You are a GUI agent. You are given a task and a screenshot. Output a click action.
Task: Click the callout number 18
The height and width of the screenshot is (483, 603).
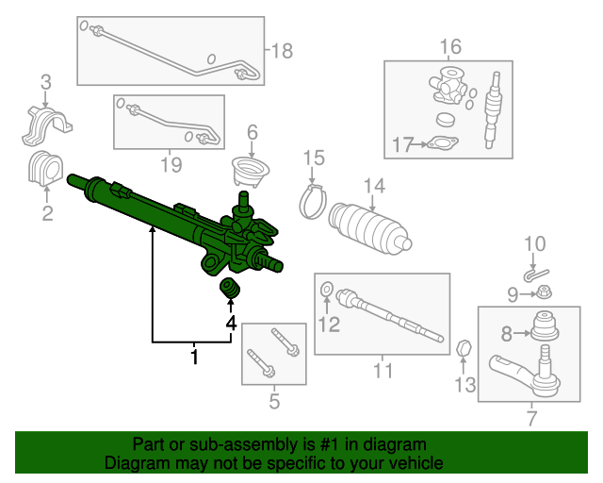point(282,50)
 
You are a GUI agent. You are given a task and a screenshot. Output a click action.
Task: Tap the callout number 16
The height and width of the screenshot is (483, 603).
point(450,46)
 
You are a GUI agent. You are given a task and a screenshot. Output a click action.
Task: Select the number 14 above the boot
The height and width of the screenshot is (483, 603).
point(374,186)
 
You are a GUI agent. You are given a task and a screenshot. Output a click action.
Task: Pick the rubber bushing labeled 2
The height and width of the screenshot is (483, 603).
point(45,168)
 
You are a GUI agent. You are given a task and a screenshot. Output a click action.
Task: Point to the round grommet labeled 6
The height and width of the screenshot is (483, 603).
point(251,172)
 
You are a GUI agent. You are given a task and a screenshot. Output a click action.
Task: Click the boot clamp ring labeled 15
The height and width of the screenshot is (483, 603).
point(313,202)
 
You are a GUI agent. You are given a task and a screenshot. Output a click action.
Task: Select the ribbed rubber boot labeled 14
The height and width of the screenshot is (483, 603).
point(369,228)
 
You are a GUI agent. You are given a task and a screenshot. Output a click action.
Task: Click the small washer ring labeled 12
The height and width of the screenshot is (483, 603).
point(327,290)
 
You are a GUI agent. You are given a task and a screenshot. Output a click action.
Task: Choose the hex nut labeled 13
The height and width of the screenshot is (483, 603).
point(464,349)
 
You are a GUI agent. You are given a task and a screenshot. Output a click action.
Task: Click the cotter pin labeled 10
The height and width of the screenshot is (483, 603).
point(536,275)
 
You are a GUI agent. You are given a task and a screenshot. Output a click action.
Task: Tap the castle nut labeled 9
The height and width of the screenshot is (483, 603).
point(544,292)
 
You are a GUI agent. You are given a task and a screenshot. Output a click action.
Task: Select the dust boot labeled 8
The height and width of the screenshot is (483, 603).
point(545,325)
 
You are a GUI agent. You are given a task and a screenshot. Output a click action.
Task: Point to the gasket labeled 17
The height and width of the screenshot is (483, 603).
point(443,143)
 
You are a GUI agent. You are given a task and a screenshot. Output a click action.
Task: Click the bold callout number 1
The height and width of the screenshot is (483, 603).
point(195,357)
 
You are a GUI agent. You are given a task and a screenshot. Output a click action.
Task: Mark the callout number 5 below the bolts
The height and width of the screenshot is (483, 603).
point(274,401)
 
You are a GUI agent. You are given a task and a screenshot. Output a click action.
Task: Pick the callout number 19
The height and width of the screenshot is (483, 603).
point(171,165)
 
